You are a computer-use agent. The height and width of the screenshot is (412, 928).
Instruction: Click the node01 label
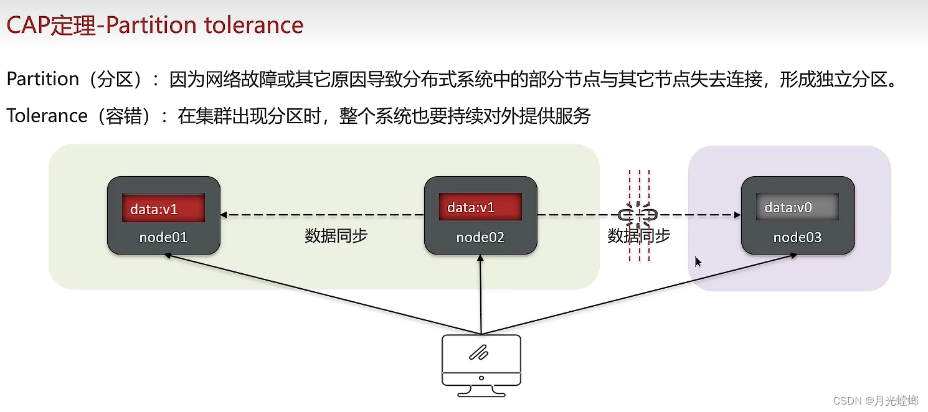(x=163, y=237)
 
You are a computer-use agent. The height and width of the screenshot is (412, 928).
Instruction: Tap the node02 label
(x=480, y=237)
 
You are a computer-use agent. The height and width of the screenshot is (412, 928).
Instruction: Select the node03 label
(x=797, y=237)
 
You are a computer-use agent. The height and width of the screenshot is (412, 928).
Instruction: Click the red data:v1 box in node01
(x=163, y=208)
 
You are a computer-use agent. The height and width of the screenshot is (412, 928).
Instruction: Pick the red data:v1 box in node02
(x=480, y=207)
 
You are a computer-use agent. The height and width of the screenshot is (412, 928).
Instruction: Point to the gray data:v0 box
(x=797, y=207)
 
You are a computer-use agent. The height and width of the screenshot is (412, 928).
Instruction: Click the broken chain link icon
(x=638, y=215)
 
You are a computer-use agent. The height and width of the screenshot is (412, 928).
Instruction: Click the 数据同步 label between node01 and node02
(x=336, y=236)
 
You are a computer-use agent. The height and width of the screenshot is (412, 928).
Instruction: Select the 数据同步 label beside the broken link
(x=638, y=235)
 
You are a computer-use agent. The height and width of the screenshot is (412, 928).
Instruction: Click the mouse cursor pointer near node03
(x=698, y=261)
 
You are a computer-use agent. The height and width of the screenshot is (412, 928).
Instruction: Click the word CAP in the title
(x=28, y=25)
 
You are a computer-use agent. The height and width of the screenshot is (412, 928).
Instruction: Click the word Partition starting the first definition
(x=42, y=79)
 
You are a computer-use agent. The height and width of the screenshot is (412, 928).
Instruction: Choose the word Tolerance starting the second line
(x=47, y=116)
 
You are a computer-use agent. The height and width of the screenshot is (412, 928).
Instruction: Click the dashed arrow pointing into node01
(x=311, y=215)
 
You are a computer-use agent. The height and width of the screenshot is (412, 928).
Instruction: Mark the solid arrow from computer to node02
(x=481, y=293)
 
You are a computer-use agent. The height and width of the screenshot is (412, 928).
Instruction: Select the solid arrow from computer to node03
(x=642, y=293)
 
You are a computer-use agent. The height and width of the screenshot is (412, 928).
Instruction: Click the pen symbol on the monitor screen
(x=480, y=353)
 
